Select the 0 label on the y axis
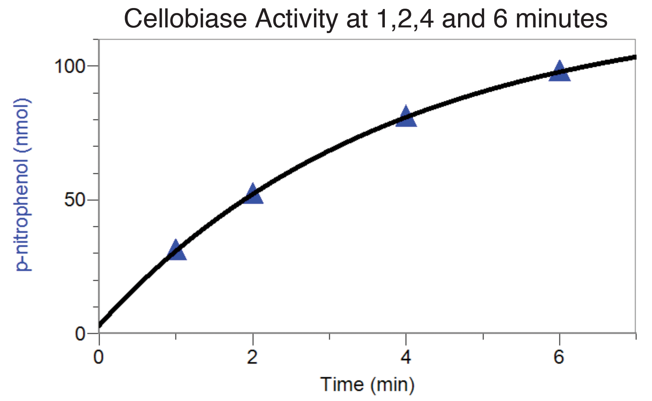[x=80, y=333]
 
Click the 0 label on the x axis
[x=99, y=357]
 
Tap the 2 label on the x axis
[x=252, y=357]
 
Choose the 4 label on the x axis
[x=406, y=357]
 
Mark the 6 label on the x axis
[x=559, y=357]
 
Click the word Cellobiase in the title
[x=185, y=19]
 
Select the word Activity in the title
[x=296, y=19]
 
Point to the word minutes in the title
[x=561, y=19]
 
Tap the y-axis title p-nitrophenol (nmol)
[x=23, y=184]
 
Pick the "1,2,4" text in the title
[x=405, y=19]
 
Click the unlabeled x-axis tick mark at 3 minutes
[x=330, y=336]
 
